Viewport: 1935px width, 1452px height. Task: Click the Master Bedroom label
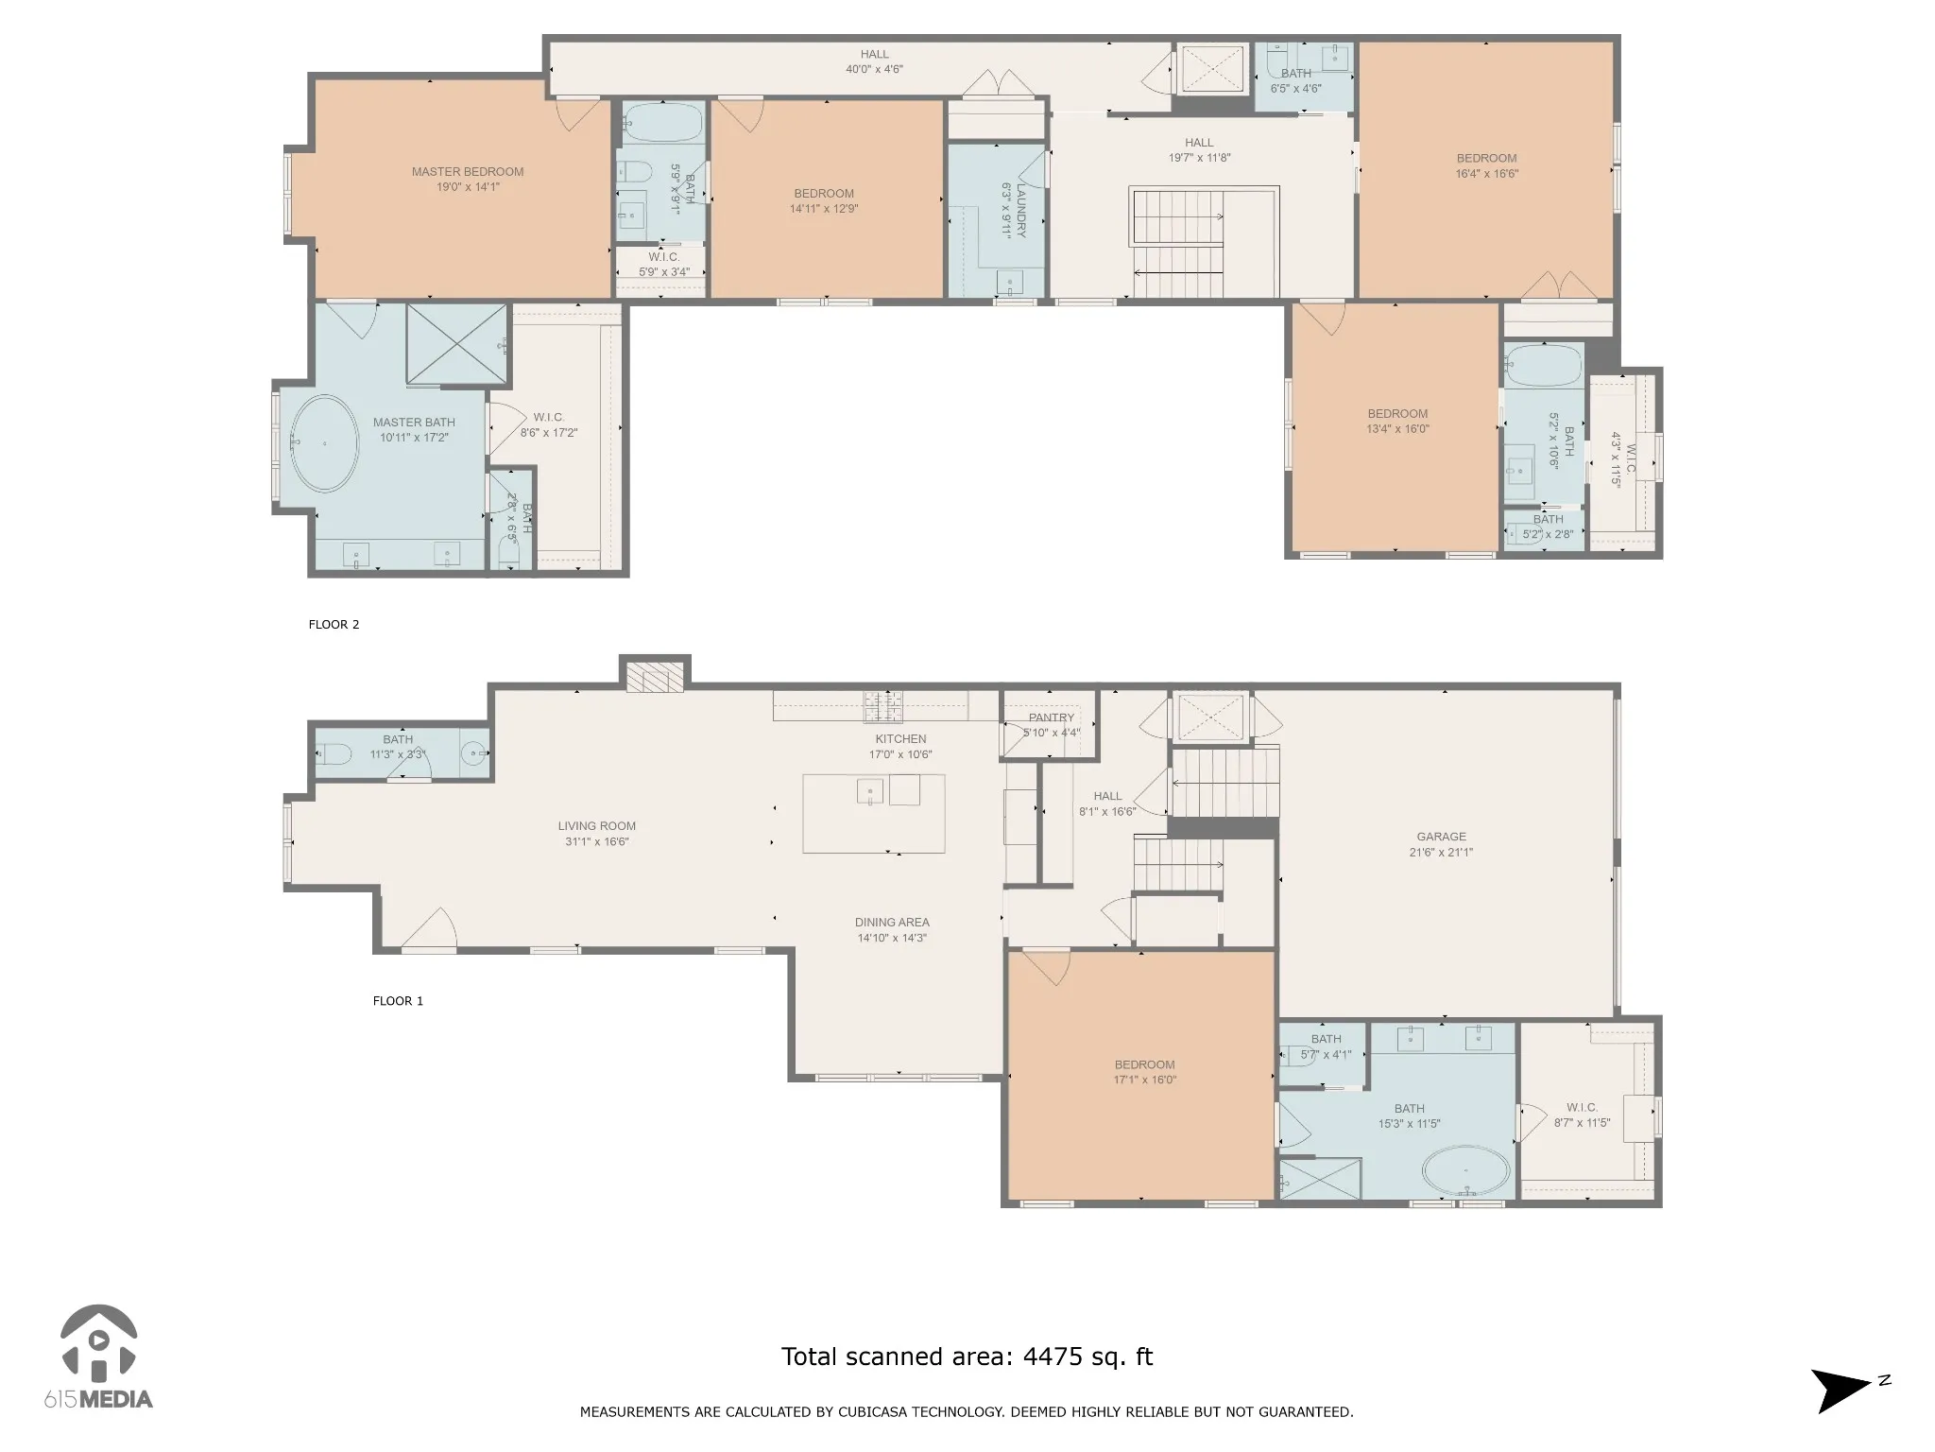pos(468,172)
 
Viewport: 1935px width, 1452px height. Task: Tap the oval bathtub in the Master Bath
pos(324,442)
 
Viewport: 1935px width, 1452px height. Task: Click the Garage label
pos(1441,837)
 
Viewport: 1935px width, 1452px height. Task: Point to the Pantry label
pos(1052,717)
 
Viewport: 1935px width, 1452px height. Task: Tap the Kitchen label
pos(900,739)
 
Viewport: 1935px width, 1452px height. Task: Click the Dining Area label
pos(892,923)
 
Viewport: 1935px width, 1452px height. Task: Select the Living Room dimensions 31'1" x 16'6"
pos(597,841)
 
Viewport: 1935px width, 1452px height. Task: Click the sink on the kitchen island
pos(869,790)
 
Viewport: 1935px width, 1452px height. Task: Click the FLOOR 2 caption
pos(334,625)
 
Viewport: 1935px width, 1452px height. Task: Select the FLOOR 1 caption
pos(398,1001)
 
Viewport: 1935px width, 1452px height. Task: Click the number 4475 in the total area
pos(1053,1357)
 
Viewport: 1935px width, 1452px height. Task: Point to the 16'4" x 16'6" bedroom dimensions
pos(1486,174)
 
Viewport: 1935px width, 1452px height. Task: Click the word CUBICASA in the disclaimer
pos(961,1412)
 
